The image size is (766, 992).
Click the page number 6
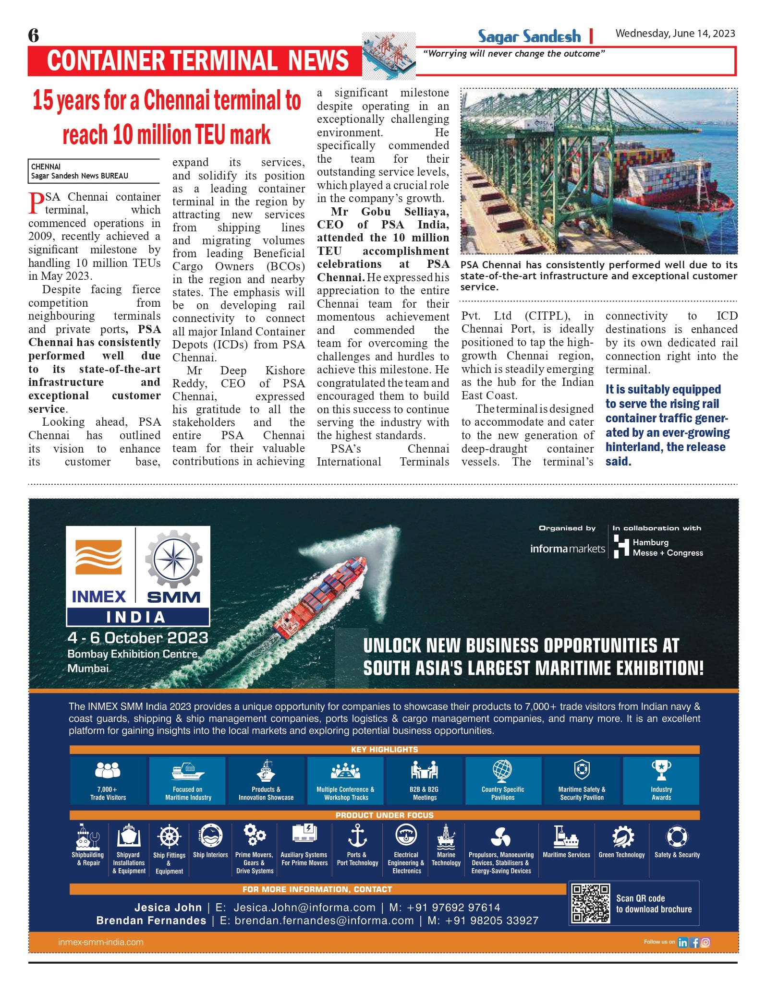click(34, 36)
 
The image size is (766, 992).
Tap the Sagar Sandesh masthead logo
click(529, 36)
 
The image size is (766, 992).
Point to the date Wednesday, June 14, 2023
click(675, 34)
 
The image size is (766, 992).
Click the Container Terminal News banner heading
click(197, 60)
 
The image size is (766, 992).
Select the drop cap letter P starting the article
click(36, 203)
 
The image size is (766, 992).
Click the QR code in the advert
click(591, 903)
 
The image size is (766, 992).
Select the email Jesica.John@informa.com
click(304, 908)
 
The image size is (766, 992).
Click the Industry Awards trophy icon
click(661, 770)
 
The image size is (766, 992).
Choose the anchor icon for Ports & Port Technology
click(357, 836)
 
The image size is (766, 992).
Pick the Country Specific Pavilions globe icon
click(502, 771)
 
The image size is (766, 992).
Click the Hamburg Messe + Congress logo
click(658, 547)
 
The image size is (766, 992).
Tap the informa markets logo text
click(567, 549)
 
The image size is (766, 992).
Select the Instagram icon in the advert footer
click(705, 943)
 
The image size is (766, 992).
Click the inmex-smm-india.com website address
click(101, 942)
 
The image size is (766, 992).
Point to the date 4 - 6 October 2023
click(138, 638)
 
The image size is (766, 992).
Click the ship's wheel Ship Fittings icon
click(169, 837)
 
